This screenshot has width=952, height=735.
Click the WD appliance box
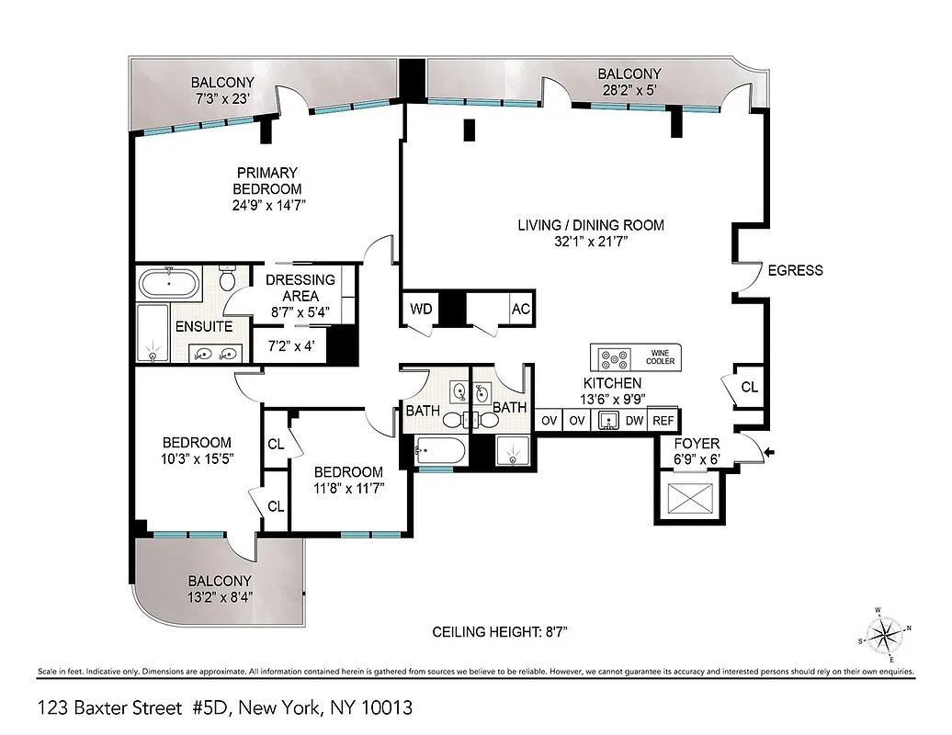pyautogui.click(x=421, y=309)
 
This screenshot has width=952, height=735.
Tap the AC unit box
pyautogui.click(x=521, y=309)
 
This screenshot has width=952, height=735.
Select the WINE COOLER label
pyautogui.click(x=660, y=356)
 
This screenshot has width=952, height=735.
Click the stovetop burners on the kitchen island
pyautogui.click(x=613, y=357)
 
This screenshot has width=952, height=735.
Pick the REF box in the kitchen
pyautogui.click(x=663, y=421)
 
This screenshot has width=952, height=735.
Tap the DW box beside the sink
pyautogui.click(x=634, y=421)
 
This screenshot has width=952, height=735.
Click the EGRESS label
pyautogui.click(x=795, y=270)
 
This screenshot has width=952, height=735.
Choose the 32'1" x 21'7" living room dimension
pyautogui.click(x=590, y=243)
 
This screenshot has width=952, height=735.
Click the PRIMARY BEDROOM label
pyautogui.click(x=267, y=180)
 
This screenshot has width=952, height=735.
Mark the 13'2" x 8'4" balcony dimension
pyautogui.click(x=220, y=596)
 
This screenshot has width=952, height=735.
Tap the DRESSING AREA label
pyautogui.click(x=300, y=288)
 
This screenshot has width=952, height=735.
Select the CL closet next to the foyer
pyautogui.click(x=749, y=388)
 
